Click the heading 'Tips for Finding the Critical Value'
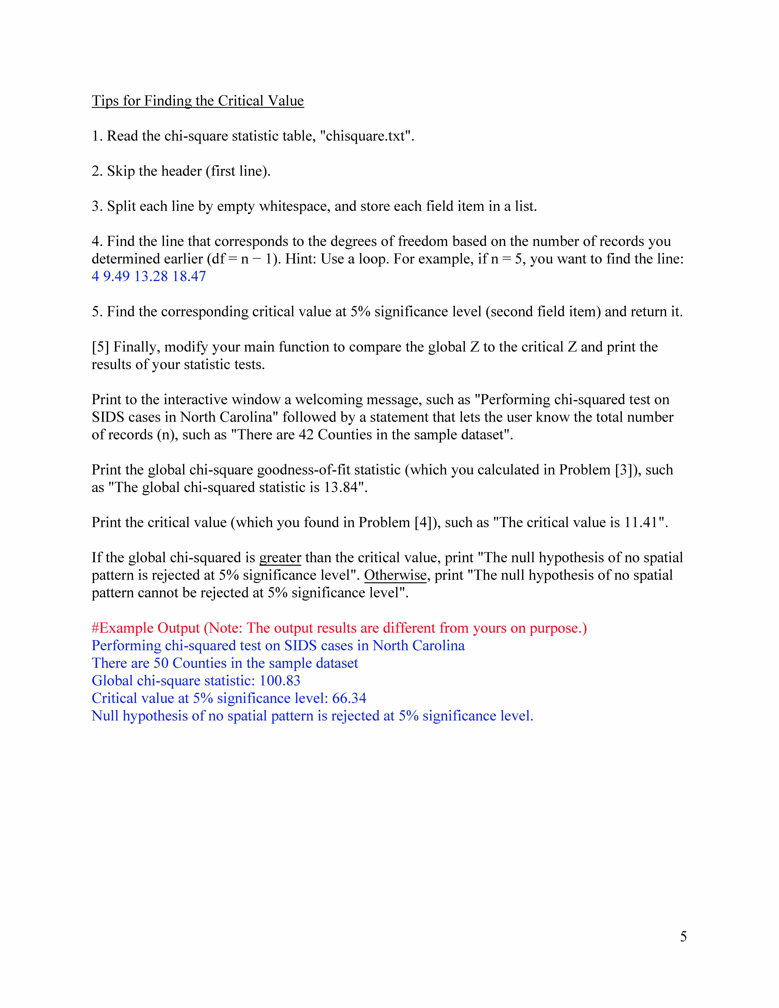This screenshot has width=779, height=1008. tap(197, 101)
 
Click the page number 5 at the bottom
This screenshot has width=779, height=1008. tap(683, 936)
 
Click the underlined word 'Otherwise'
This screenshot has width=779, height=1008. tap(395, 575)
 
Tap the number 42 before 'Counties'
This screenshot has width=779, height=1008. tap(306, 435)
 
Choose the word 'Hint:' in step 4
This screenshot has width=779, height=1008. tap(301, 259)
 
